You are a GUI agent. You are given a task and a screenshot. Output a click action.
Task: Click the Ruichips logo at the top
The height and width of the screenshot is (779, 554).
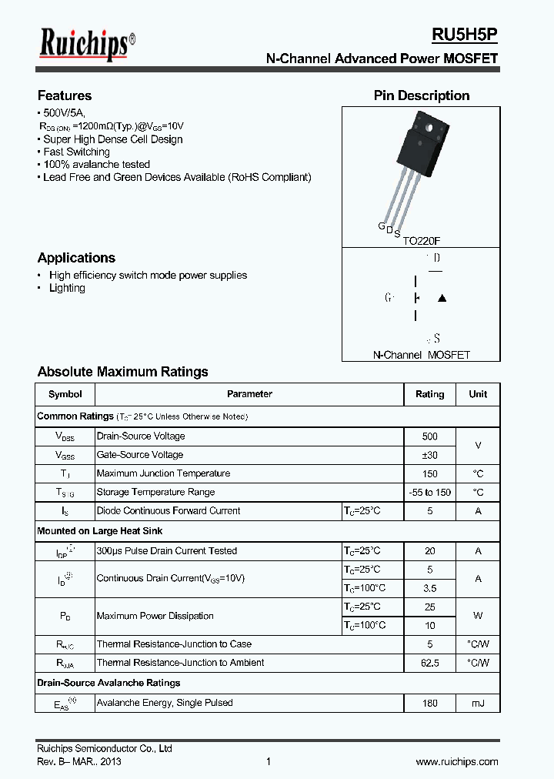pyautogui.click(x=87, y=44)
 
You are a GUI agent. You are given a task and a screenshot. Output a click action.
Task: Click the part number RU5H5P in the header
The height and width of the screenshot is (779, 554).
pyautogui.click(x=464, y=35)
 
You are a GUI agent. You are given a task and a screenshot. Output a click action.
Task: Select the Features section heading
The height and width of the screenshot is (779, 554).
pyautogui.click(x=65, y=95)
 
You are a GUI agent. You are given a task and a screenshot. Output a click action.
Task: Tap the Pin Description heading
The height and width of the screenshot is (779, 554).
pyautogui.click(x=421, y=95)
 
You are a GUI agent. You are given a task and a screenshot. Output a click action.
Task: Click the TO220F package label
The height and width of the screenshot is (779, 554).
pyautogui.click(x=422, y=240)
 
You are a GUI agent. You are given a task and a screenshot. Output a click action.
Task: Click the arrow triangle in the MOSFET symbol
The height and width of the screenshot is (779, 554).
pyautogui.click(x=442, y=299)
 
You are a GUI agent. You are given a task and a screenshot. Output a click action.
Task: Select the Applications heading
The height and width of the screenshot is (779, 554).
pyautogui.click(x=76, y=258)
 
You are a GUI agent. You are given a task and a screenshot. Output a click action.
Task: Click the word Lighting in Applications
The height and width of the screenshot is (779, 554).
pyautogui.click(x=67, y=288)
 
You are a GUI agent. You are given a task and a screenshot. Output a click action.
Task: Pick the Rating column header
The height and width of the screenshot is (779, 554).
pyautogui.click(x=429, y=394)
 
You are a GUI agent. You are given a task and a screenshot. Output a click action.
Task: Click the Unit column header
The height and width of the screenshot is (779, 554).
pyautogui.click(x=478, y=394)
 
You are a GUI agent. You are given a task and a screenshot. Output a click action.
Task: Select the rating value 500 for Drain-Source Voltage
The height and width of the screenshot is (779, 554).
pyautogui.click(x=429, y=436)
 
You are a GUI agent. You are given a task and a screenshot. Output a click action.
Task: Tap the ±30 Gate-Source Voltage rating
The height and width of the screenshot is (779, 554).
pyautogui.click(x=429, y=455)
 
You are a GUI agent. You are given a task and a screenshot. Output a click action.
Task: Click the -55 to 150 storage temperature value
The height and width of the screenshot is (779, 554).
pyautogui.click(x=429, y=493)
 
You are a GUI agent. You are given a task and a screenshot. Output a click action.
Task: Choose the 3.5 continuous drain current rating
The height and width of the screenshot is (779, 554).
pyautogui.click(x=429, y=589)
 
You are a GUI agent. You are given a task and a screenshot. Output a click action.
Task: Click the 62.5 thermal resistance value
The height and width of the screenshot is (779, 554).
pyautogui.click(x=429, y=663)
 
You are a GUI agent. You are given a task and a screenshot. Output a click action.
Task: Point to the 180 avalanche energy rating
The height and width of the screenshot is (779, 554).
pyautogui.click(x=429, y=703)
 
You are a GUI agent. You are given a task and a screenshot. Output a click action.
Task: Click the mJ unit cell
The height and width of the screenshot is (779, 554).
pyautogui.click(x=478, y=703)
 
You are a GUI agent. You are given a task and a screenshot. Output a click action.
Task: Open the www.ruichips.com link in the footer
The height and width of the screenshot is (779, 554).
pyautogui.click(x=456, y=762)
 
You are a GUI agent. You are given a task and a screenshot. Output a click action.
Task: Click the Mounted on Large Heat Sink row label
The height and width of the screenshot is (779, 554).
pyautogui.click(x=100, y=531)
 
